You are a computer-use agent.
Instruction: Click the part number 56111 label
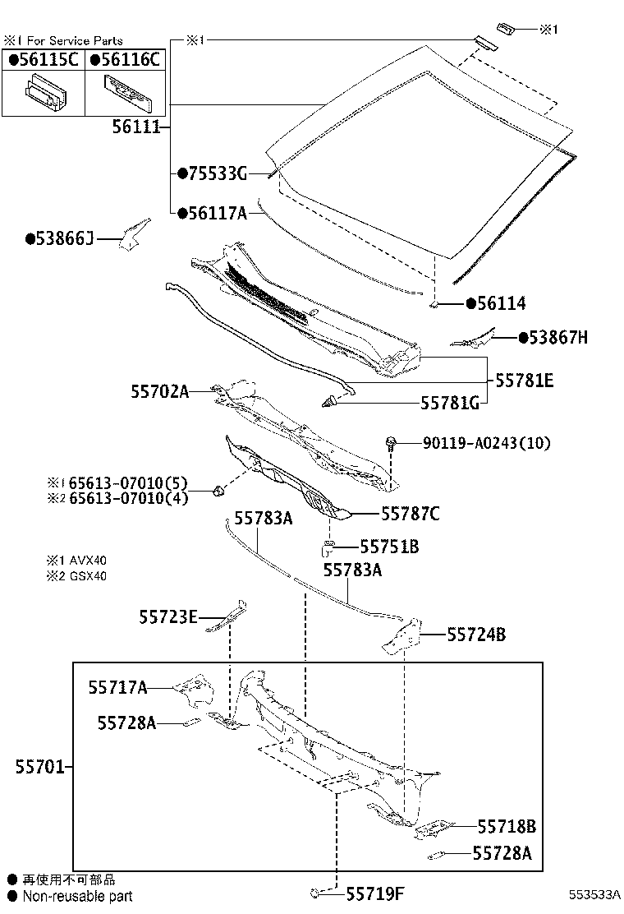(x=139, y=128)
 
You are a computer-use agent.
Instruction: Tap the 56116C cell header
(x=124, y=59)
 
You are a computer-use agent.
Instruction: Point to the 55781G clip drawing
(x=329, y=402)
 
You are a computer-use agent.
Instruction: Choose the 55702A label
(x=159, y=392)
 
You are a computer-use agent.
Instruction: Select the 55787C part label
(x=410, y=514)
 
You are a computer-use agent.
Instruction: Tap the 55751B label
(x=389, y=547)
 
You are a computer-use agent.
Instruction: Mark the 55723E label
(x=167, y=616)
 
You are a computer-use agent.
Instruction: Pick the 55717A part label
(x=118, y=687)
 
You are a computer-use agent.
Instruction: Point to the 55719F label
(x=375, y=893)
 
